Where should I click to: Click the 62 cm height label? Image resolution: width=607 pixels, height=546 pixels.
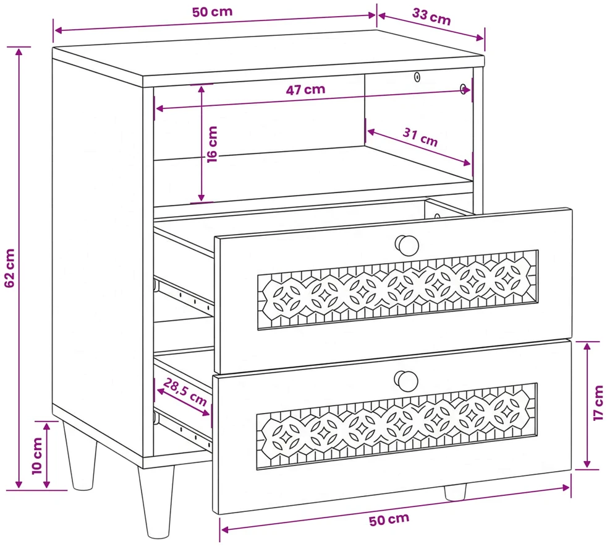click(9, 268)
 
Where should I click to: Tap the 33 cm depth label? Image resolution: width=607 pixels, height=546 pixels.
click(431, 16)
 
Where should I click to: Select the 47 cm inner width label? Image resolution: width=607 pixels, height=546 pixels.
click(305, 90)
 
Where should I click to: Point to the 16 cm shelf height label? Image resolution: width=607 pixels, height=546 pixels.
click(212, 144)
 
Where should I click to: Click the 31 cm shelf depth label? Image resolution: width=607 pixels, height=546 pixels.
click(420, 137)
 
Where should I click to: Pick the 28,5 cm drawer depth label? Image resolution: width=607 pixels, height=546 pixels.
click(185, 392)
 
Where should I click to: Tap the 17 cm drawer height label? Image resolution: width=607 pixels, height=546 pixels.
click(598, 403)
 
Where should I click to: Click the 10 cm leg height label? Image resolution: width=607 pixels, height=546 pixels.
click(36, 456)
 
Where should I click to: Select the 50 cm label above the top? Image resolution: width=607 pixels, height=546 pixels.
click(212, 12)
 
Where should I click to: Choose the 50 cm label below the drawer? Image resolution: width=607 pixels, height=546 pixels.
click(389, 519)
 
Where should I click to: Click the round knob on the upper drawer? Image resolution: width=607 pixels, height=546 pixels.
click(407, 245)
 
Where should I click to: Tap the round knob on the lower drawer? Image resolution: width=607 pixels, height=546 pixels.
click(405, 381)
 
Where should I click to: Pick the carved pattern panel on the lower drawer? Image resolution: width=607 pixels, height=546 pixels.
click(397, 427)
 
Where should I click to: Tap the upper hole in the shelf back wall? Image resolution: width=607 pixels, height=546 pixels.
click(417, 77)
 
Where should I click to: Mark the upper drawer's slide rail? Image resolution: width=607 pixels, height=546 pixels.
click(184, 294)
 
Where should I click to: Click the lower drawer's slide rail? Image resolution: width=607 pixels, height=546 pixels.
click(183, 428)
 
